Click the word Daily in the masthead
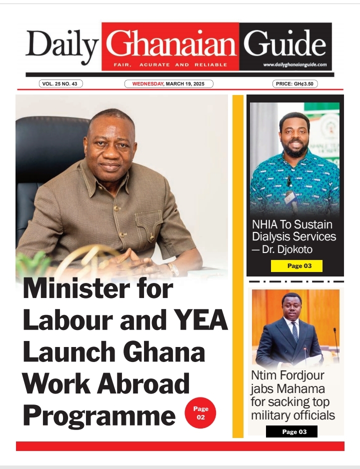pos(62,45)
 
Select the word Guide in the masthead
pos(285,44)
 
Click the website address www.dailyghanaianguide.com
pos(295,64)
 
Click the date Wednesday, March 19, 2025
pos(168,84)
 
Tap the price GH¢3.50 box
pos(295,84)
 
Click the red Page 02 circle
pos(200,413)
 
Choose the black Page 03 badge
pos(291,431)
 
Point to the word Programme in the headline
pos(99,414)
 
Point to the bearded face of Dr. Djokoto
pos(293,136)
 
